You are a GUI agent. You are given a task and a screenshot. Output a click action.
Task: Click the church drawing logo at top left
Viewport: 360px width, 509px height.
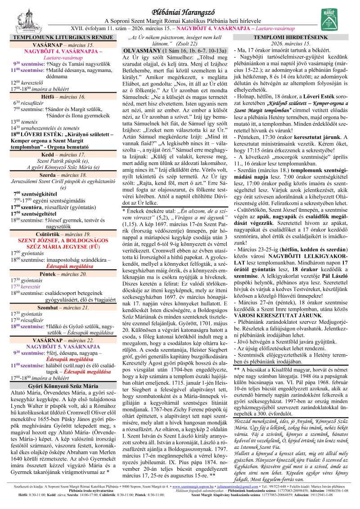point(18,17)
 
